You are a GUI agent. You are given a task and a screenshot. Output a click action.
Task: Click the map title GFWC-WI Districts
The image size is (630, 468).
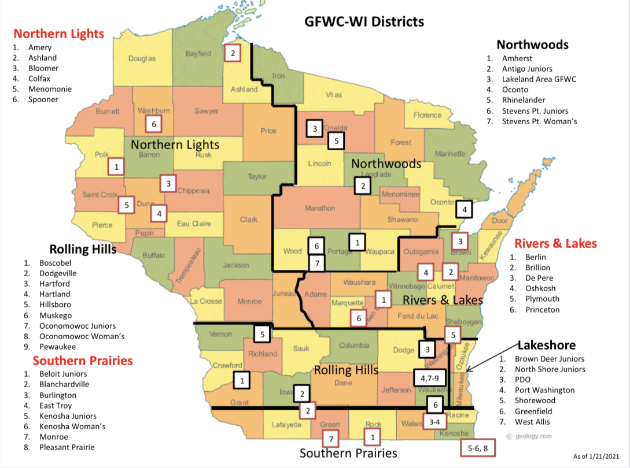[x=364, y=22]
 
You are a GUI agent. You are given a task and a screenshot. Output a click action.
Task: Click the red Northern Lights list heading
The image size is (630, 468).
[x=58, y=34]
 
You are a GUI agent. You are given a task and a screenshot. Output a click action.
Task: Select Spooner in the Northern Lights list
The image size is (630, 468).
[x=43, y=99]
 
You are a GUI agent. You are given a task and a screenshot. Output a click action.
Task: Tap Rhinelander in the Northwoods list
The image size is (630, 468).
[x=525, y=100]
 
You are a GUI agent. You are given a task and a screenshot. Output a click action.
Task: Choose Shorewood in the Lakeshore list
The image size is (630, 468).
[x=535, y=400]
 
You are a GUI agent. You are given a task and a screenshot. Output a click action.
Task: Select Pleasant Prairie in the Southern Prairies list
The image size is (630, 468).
[x=67, y=447]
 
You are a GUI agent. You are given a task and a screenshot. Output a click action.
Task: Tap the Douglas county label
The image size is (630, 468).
[x=142, y=58]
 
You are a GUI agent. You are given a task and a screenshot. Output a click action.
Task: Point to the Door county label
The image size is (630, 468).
[x=499, y=221]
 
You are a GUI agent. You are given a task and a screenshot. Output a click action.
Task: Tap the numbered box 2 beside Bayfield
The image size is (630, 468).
[x=233, y=53]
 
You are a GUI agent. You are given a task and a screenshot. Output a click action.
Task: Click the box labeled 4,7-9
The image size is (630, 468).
[x=430, y=378]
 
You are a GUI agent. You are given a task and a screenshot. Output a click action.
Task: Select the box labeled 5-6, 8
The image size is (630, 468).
[x=478, y=448]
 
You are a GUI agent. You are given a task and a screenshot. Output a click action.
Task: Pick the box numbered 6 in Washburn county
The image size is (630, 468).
[x=154, y=123]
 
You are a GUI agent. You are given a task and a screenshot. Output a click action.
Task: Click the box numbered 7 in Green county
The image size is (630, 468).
[x=330, y=440]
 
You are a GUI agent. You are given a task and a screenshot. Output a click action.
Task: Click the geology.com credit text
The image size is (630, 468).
[x=532, y=436]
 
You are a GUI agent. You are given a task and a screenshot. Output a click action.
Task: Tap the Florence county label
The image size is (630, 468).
[x=428, y=115]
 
